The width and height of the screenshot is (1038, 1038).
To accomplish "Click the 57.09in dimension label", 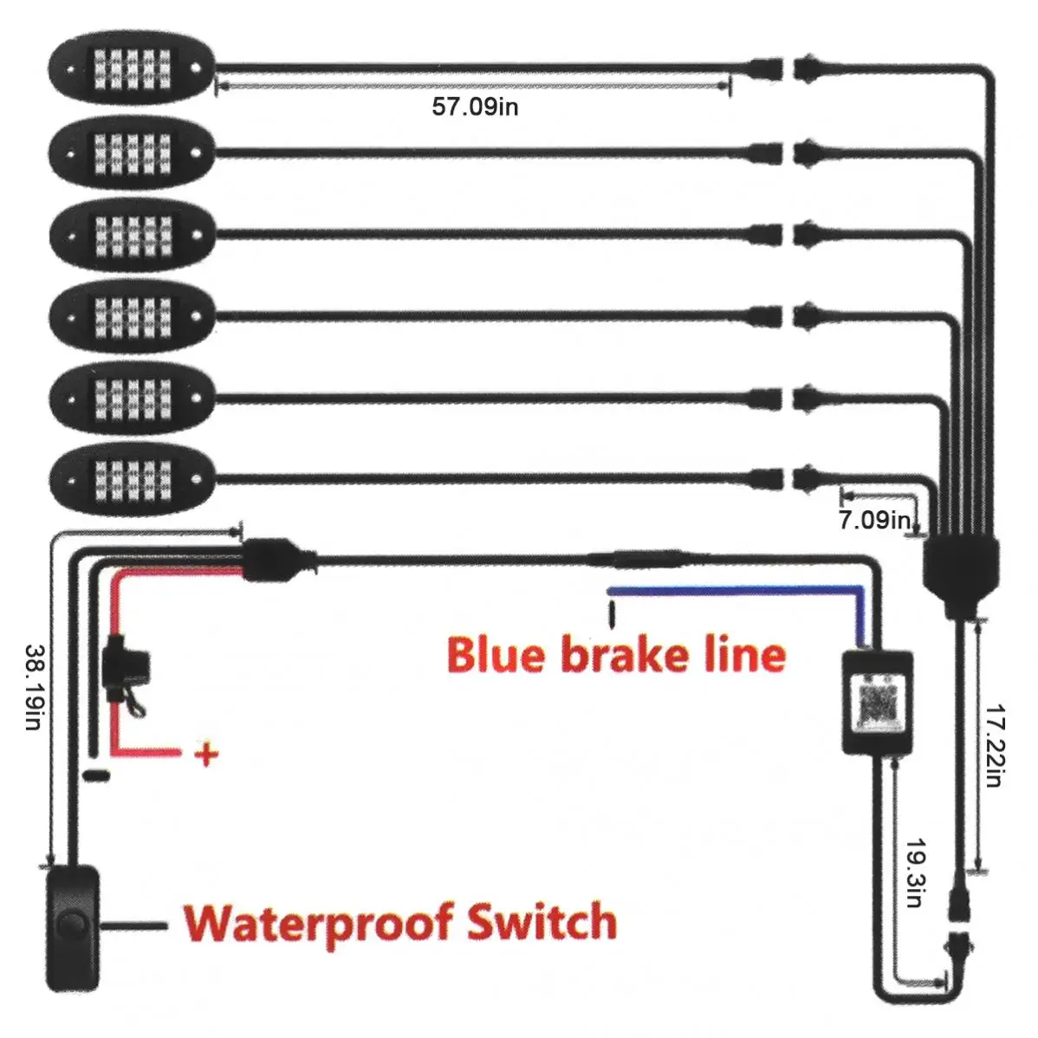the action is coord(475,107).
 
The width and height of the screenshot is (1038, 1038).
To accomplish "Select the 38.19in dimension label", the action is coord(34,686).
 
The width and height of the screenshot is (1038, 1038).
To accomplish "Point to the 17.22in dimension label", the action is coord(996,744).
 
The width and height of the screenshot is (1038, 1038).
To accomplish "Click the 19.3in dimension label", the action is coord(916,872).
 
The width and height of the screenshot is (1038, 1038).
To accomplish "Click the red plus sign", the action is coord(206,755).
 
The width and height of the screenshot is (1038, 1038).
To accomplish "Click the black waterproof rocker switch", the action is coord(73,926).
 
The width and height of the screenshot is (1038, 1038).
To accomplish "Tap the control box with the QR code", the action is coord(877,702).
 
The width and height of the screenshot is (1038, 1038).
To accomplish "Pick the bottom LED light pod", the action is coord(132,476).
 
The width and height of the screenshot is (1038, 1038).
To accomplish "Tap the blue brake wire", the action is coord(736,591).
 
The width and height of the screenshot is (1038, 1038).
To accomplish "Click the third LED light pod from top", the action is coord(132,235).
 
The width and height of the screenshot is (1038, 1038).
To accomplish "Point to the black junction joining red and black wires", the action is coord(272,560).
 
